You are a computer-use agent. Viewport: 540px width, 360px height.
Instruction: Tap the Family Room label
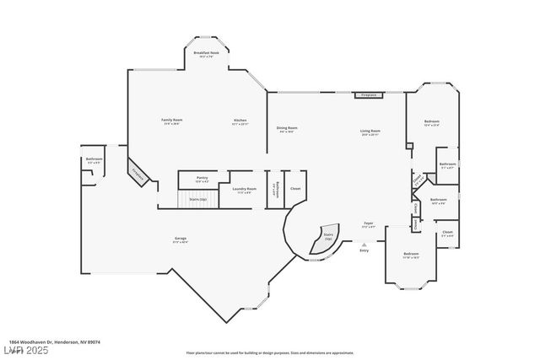click(172, 121)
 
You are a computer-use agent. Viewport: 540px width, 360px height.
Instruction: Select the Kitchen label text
click(240, 121)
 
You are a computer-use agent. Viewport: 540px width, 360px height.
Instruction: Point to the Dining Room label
click(287, 129)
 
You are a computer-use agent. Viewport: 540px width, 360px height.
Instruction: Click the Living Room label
click(370, 132)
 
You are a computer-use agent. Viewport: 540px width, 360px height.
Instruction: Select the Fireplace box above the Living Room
click(368, 95)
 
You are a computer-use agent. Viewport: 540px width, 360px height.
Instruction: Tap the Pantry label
click(202, 179)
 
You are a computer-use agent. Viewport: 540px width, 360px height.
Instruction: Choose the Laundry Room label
click(245, 190)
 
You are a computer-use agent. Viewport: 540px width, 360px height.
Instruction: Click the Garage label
click(181, 239)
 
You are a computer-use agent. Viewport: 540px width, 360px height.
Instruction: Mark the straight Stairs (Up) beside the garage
click(198, 200)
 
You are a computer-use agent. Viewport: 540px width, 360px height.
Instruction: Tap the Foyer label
click(368, 224)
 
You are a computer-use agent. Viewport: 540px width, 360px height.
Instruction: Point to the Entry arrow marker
click(364, 245)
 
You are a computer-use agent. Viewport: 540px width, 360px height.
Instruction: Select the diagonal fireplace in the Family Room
click(138, 172)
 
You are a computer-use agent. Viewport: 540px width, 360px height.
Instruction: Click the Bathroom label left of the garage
click(94, 160)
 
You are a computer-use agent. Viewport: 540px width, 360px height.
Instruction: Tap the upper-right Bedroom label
click(432, 123)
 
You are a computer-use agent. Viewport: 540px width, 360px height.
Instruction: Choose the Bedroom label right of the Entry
click(411, 255)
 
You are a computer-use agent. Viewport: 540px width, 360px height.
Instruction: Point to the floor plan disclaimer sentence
click(269, 352)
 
